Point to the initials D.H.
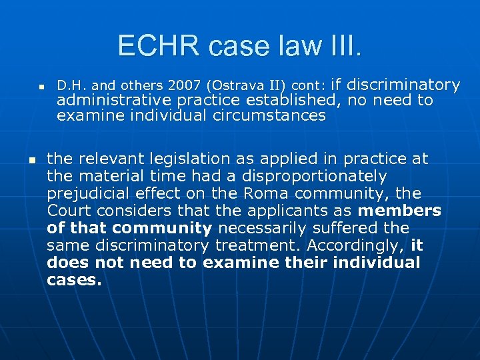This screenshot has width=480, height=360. point(71,86)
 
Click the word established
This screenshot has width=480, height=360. point(292,101)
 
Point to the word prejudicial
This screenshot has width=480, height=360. point(87,193)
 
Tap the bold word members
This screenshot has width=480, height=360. point(399,211)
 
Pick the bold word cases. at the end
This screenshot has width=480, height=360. point(74,280)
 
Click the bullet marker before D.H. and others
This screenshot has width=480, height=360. point(41,87)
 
